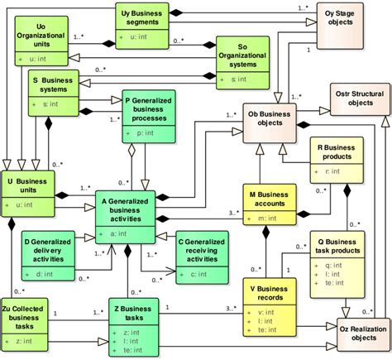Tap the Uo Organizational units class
pyautogui.click(x=41, y=41)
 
